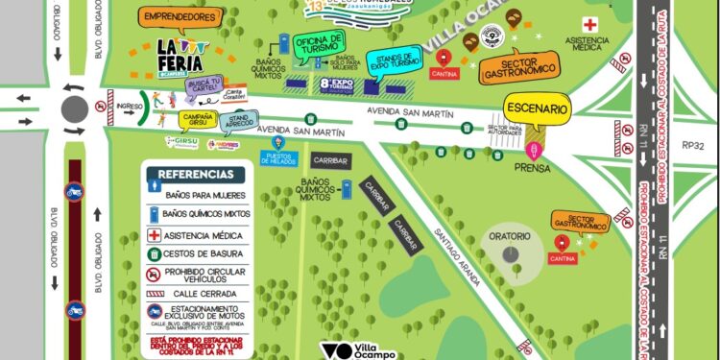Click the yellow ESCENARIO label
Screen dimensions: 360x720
pyautogui.click(x=538, y=109)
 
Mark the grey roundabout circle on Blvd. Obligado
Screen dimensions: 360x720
pyautogui.click(x=74, y=108)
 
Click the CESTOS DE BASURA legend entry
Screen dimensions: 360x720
pyautogui.click(x=202, y=254)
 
